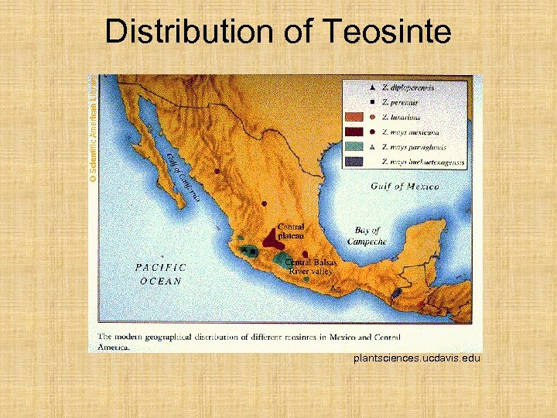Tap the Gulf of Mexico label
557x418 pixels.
pyautogui.click(x=405, y=187)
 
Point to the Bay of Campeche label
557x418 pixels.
pyautogui.click(x=367, y=236)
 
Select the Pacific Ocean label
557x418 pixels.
pyautogui.click(x=161, y=274)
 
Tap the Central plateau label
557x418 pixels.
pyautogui.click(x=291, y=231)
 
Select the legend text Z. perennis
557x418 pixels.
pyautogui.click(x=405, y=102)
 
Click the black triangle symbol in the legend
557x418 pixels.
pyautogui.click(x=373, y=87)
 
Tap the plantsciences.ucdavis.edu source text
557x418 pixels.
pyautogui.click(x=417, y=358)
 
